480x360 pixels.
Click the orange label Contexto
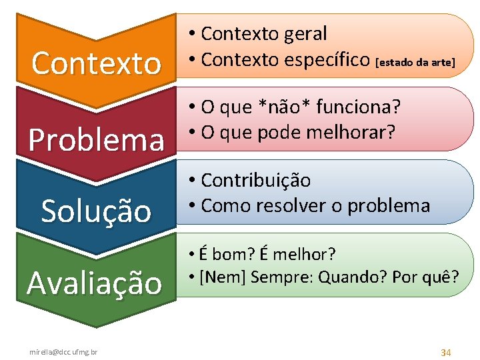(x=97, y=64)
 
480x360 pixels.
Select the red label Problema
(x=97, y=139)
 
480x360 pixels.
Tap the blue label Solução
(x=97, y=211)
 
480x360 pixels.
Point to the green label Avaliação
(x=95, y=283)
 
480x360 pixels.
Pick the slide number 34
(x=446, y=351)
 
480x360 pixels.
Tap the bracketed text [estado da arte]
(x=415, y=63)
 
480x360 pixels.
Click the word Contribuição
(x=256, y=181)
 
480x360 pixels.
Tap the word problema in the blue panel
(x=389, y=205)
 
